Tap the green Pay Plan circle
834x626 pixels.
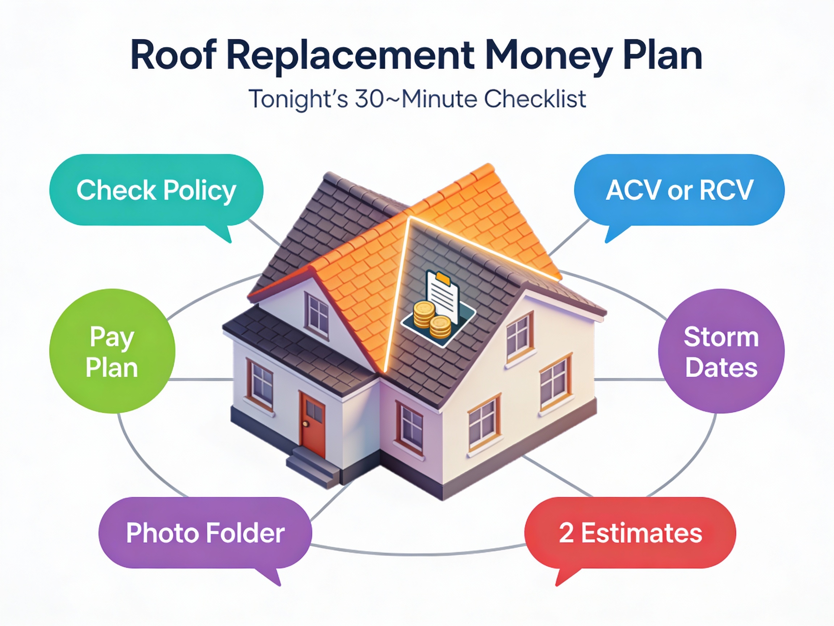[x=112, y=351]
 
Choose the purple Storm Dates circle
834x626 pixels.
[x=721, y=351]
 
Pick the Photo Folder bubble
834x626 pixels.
[x=205, y=533]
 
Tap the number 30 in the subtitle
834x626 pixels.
[x=370, y=99]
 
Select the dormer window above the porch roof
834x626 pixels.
[x=318, y=315]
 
